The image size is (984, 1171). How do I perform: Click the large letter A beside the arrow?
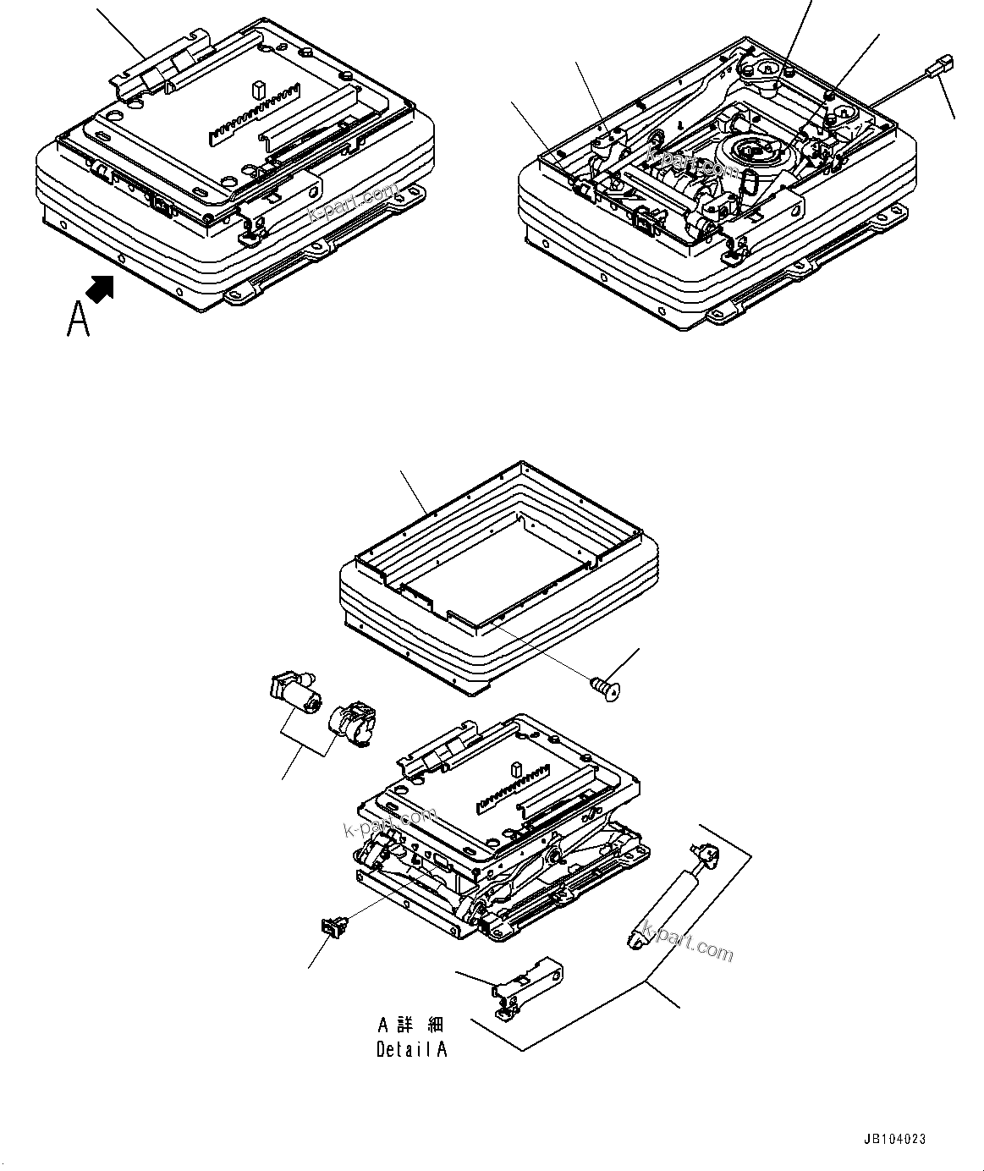[x=78, y=319]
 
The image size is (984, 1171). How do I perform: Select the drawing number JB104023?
[x=895, y=1140]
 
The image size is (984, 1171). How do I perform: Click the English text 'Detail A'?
[x=411, y=1050]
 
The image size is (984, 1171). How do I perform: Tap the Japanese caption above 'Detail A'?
[x=411, y=1025]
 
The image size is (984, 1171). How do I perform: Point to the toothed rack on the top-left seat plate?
[x=255, y=111]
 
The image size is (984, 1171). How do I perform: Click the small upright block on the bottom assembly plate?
[x=515, y=770]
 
